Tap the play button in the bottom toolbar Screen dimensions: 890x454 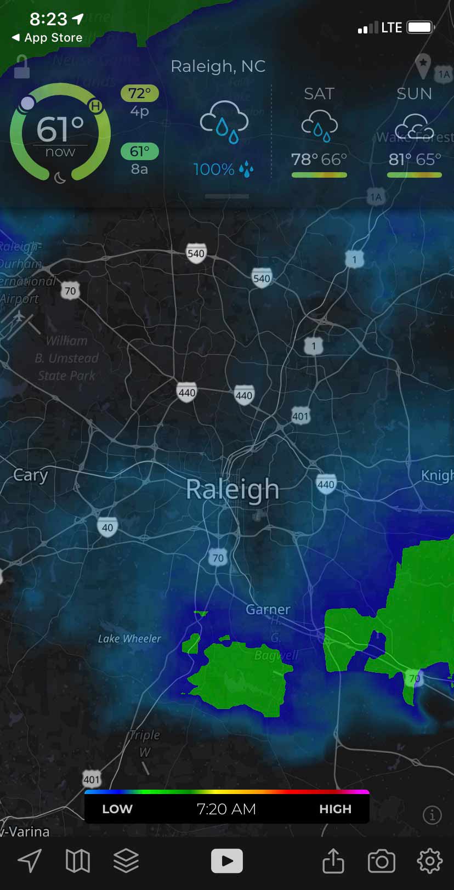(x=226, y=860)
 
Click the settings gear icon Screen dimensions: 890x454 (x=429, y=860)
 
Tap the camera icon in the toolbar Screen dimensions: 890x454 (x=381, y=861)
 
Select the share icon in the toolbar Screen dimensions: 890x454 (x=333, y=860)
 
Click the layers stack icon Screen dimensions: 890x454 (x=126, y=860)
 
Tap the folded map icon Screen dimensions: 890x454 (x=78, y=861)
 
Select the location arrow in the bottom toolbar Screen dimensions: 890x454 (x=30, y=861)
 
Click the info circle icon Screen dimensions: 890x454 (x=432, y=815)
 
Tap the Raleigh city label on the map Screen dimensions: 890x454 (x=232, y=489)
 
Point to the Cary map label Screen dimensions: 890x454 (x=31, y=475)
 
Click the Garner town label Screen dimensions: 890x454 (x=268, y=609)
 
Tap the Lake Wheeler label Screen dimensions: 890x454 (x=129, y=639)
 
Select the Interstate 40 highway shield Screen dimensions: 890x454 (x=107, y=528)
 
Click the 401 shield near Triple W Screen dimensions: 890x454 (x=92, y=779)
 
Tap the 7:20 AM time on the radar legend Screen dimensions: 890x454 (x=226, y=809)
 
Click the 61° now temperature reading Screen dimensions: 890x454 (x=60, y=134)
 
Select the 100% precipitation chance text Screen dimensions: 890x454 (x=214, y=169)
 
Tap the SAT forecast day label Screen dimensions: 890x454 (x=319, y=94)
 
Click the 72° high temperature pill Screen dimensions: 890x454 (x=139, y=93)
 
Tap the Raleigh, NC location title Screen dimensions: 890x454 (x=218, y=66)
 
